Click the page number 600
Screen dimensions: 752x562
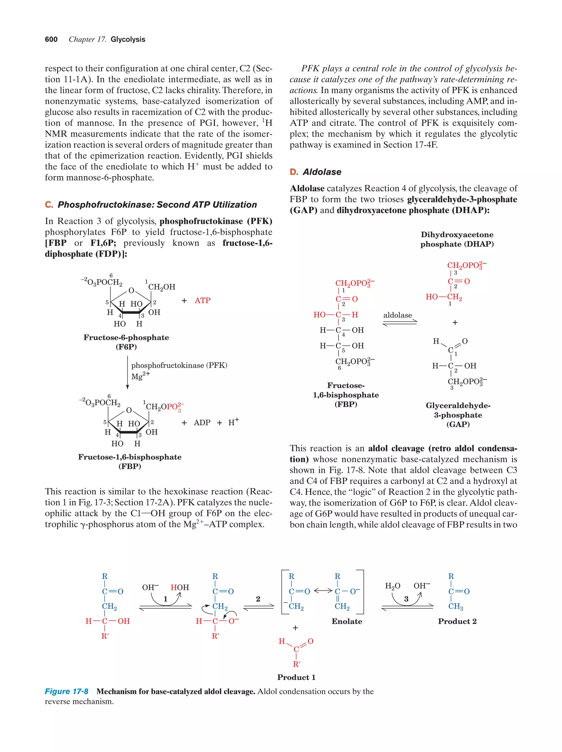(51, 40)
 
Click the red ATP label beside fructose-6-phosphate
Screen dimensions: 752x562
(202, 300)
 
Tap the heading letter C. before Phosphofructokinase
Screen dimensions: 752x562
(49, 205)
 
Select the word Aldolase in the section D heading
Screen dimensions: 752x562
(322, 172)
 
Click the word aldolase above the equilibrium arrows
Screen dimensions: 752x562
(397, 315)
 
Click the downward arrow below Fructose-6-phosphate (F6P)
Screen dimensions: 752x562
(128, 372)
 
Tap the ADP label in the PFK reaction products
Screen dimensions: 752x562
(202, 423)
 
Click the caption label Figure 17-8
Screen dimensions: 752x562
(67, 691)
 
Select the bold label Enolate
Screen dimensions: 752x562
(346, 621)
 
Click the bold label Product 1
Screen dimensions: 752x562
(296, 677)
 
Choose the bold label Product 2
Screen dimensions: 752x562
(457, 621)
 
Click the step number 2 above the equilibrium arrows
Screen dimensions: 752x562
(258, 599)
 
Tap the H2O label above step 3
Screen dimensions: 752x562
(392, 586)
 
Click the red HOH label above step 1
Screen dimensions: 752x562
(179, 587)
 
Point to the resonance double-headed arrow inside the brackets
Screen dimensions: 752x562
(323, 591)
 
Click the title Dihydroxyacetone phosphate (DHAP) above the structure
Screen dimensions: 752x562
(457, 239)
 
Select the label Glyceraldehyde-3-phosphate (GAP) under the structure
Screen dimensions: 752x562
(458, 415)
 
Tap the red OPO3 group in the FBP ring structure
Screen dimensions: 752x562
(175, 407)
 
